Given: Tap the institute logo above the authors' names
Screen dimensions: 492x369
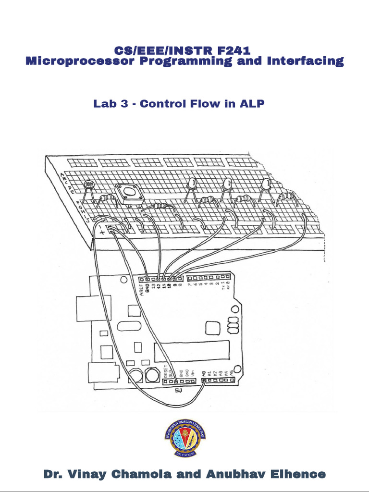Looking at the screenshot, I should pyautogui.click(x=184, y=438).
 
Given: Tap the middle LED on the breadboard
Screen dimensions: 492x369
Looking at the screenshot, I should pyautogui.click(x=227, y=184).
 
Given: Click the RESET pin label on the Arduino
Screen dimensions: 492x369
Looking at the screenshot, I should pyautogui.click(x=166, y=371).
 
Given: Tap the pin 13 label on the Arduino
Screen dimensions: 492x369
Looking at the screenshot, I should pyautogui.click(x=153, y=287).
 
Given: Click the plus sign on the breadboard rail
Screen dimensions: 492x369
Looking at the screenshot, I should pyautogui.click(x=102, y=232).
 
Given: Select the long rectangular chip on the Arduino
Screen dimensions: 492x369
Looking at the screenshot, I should pyautogui.click(x=191, y=352).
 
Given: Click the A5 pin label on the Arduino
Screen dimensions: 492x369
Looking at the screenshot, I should pyautogui.click(x=233, y=372).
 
